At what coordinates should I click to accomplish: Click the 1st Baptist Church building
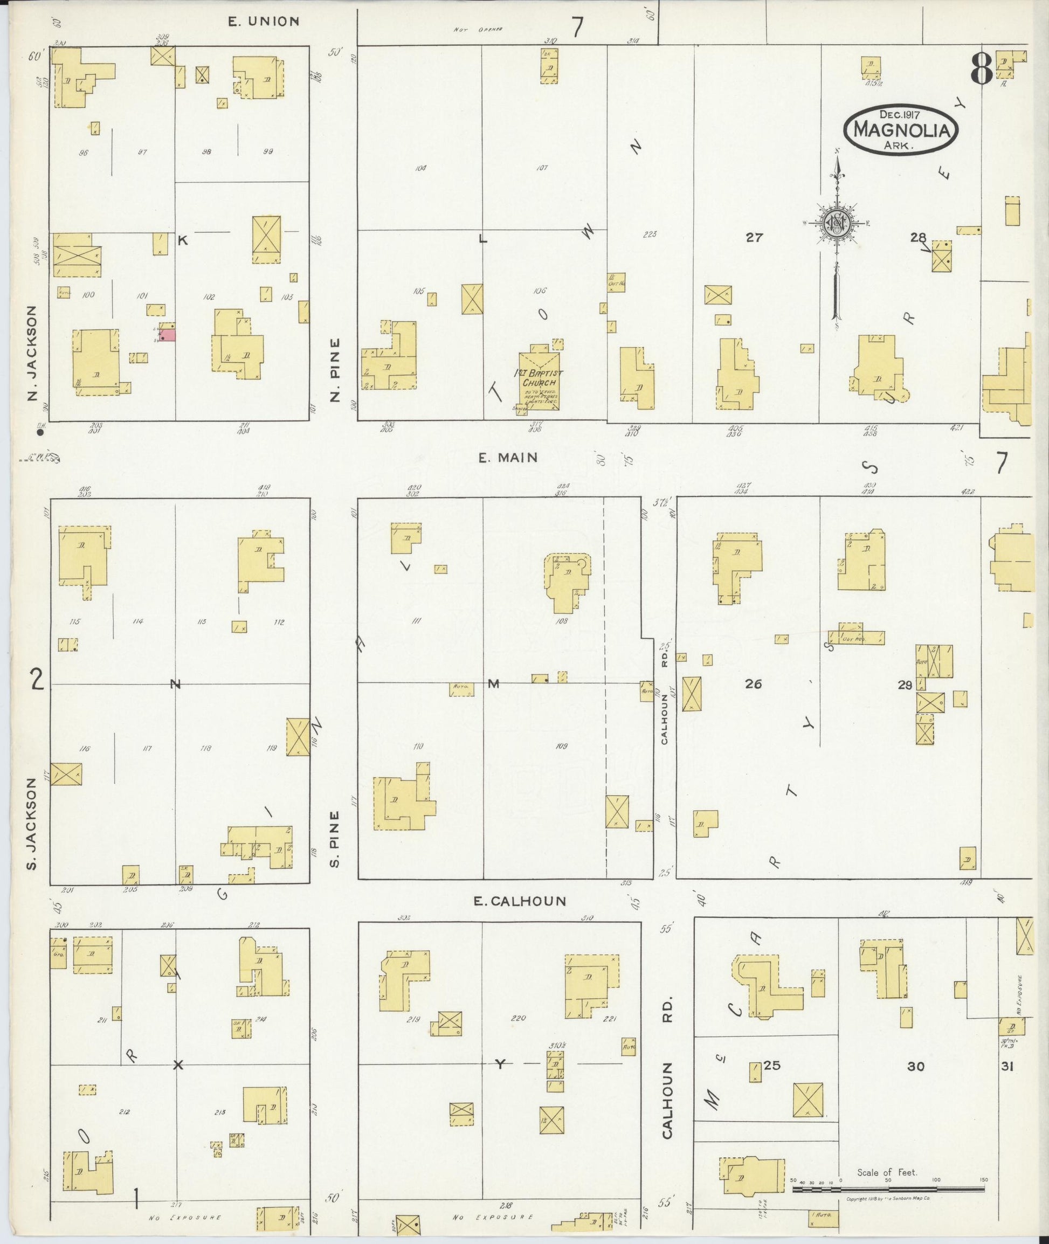pos(540,381)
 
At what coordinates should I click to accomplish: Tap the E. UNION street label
pos(264,22)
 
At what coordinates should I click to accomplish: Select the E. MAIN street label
pos(508,457)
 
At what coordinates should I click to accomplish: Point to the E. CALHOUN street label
pos(520,901)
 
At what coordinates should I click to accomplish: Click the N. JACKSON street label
pos(33,353)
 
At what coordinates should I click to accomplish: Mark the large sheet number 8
pos(981,70)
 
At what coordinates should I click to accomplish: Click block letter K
pos(183,240)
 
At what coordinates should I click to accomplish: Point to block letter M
pos(493,685)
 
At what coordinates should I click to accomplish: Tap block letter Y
pos(500,1065)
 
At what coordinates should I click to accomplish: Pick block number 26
pos(754,685)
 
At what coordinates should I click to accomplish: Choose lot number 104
pos(420,168)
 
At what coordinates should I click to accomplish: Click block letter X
pos(178,1065)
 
